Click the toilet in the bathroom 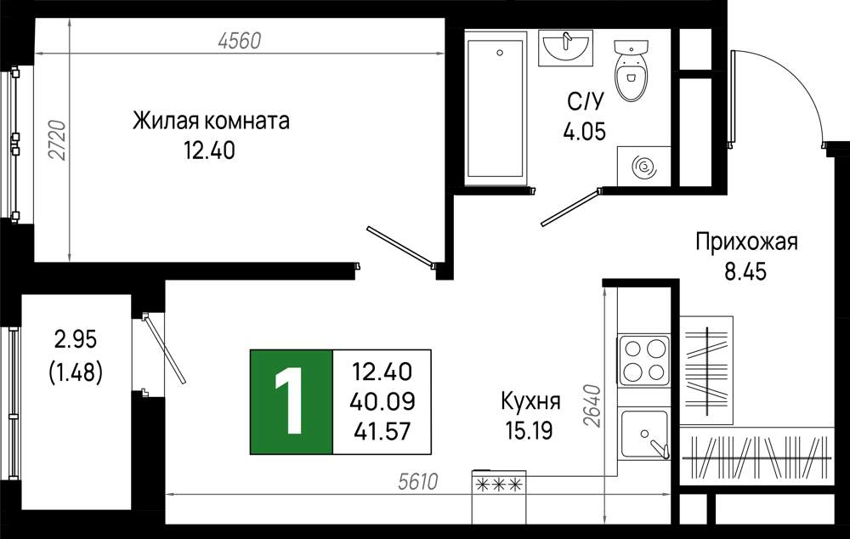632,71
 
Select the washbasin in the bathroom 565,48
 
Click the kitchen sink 645,434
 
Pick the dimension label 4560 239,40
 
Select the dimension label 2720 58,140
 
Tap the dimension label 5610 417,481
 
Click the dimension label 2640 593,406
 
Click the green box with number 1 291,402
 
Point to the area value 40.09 382,402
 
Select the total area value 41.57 382,432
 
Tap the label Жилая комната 211,121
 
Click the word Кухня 530,402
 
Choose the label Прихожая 746,241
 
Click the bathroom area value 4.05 585,131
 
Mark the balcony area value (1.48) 76,372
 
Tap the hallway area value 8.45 746,272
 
